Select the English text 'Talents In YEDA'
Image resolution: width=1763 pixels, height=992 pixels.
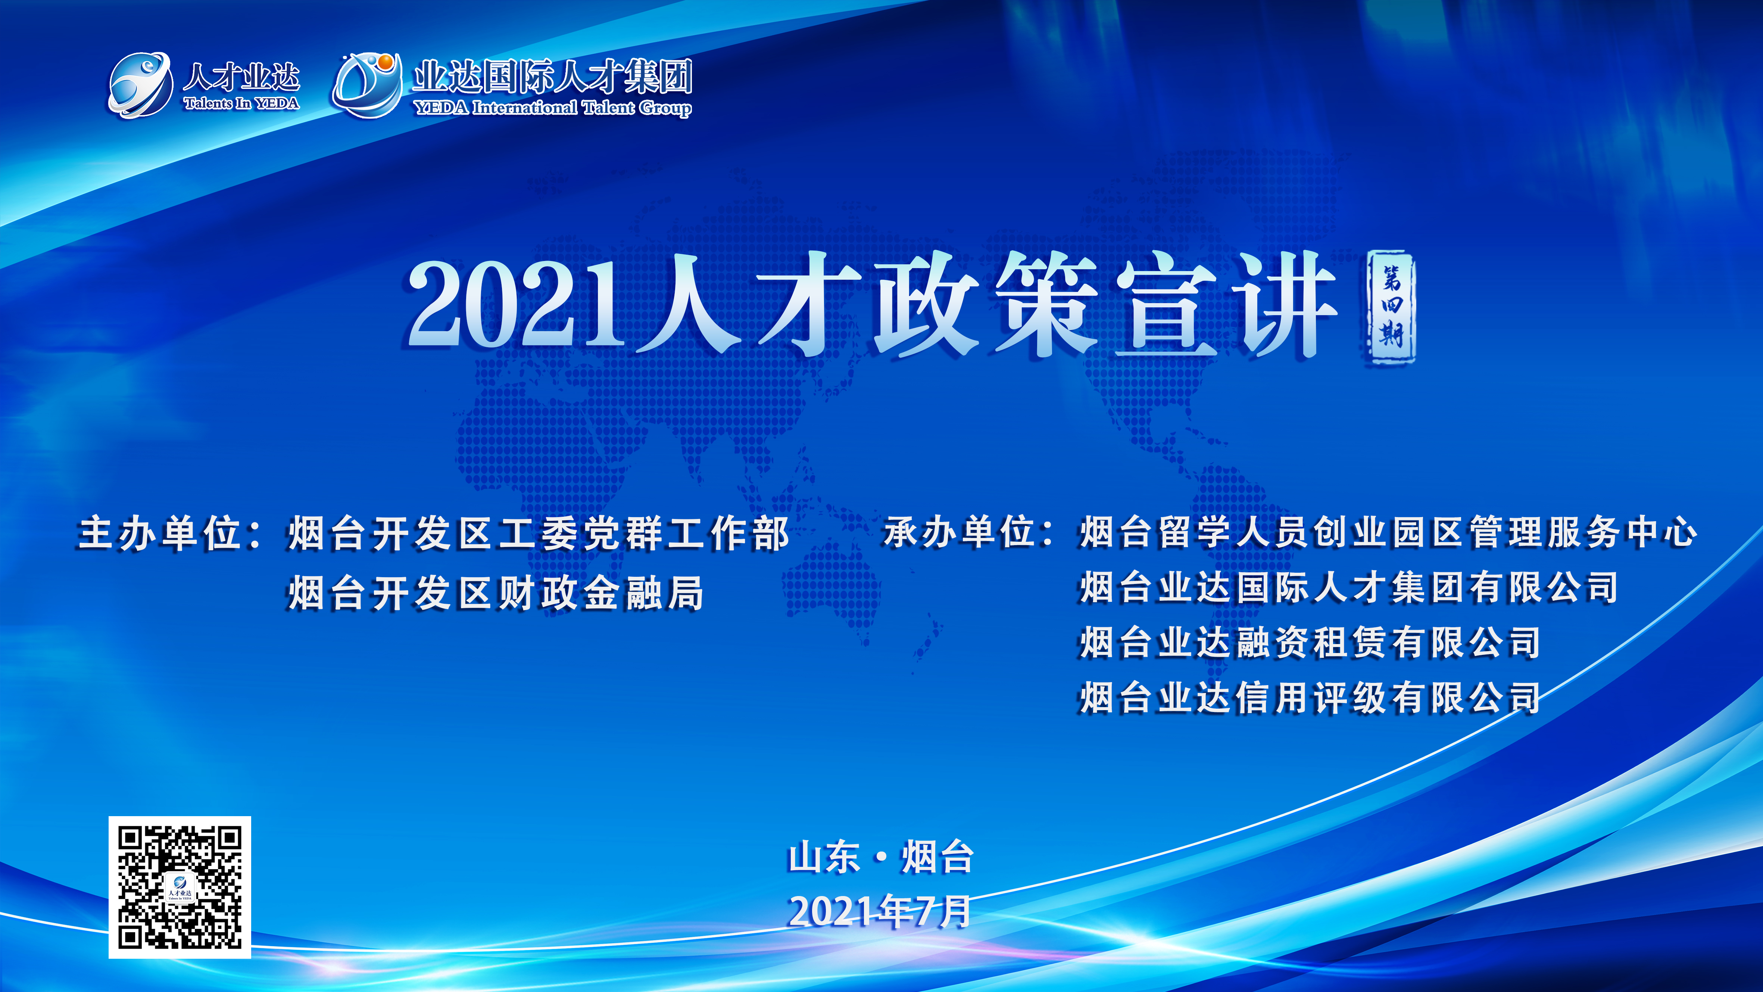[x=241, y=103]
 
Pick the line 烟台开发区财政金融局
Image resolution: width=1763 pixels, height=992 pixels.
[x=496, y=593]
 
